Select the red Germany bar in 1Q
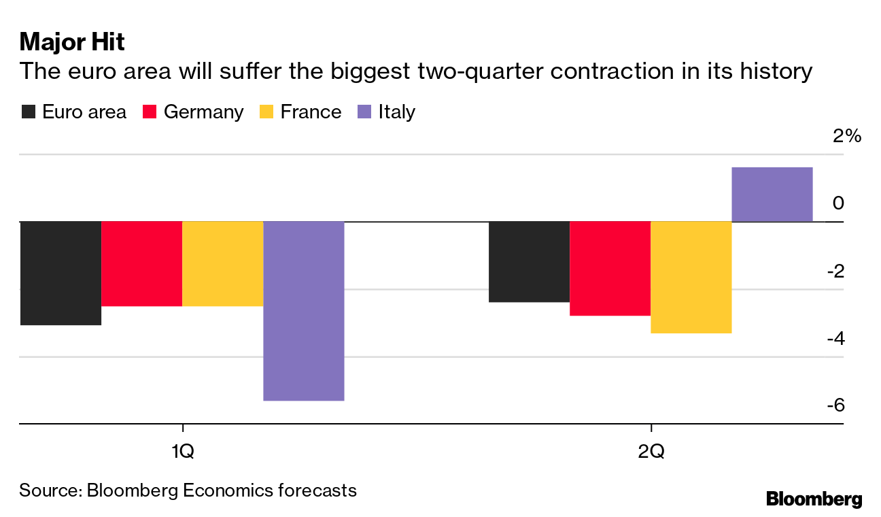(141, 264)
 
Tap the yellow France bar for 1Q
(222, 264)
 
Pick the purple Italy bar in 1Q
(303, 311)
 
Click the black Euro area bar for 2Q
(529, 262)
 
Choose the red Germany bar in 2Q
(610, 269)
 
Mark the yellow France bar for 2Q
(691, 278)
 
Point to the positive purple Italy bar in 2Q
(772, 195)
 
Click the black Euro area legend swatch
(29, 112)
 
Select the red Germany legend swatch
(150, 112)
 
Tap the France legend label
(311, 112)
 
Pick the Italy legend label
(396, 112)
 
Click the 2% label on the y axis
(847, 136)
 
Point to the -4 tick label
(835, 338)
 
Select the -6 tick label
(835, 405)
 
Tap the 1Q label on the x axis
(182, 451)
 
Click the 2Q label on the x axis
(651, 451)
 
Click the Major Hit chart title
(72, 42)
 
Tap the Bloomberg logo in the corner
(814, 499)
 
